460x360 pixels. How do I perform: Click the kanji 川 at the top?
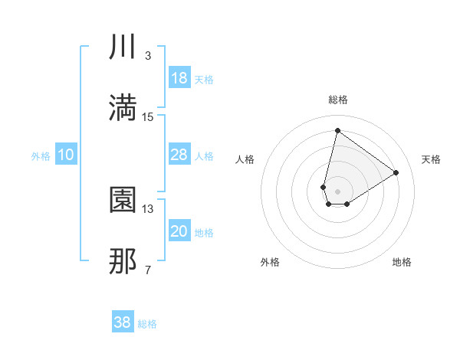[x=123, y=48]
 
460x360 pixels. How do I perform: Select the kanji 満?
[x=123, y=108]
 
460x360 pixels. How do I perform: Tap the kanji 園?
[x=123, y=201]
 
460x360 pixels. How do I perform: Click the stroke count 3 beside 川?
[x=148, y=56]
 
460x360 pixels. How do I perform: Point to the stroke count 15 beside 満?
[x=148, y=116]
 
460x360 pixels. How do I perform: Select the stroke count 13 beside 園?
[x=148, y=208]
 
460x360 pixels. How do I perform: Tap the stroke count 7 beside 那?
[x=148, y=270]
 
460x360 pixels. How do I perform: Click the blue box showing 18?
[x=179, y=78]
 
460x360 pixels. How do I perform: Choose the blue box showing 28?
[x=179, y=155]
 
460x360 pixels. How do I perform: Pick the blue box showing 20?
[x=179, y=231]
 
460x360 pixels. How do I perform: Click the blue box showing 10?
[x=66, y=155]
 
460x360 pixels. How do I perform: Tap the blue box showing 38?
[x=123, y=322]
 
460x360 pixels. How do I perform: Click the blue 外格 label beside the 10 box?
[x=41, y=155]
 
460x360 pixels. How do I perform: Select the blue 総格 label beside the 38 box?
[x=147, y=324]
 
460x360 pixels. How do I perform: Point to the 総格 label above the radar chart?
[x=338, y=100]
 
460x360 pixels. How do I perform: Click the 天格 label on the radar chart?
[x=432, y=159]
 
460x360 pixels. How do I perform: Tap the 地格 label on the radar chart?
[x=402, y=262]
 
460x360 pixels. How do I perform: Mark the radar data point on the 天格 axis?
[x=396, y=172]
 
